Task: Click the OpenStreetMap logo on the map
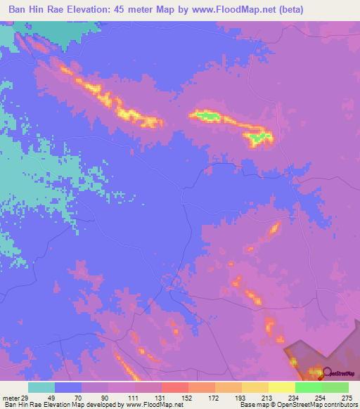coord(337,373)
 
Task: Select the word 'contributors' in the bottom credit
coord(338,405)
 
